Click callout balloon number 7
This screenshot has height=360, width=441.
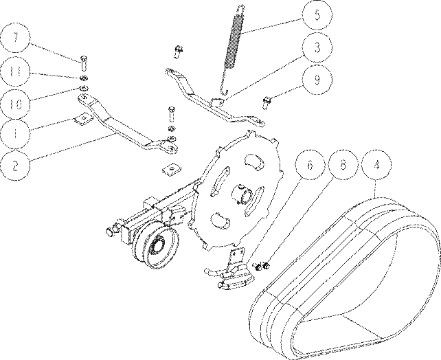[x=16, y=38]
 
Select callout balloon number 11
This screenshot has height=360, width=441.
[x=16, y=71]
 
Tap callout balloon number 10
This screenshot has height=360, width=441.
[x=16, y=104]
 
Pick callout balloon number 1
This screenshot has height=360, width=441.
[x=16, y=133]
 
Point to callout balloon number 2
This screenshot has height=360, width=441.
[x=16, y=166]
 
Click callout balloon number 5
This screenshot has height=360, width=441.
[x=317, y=15]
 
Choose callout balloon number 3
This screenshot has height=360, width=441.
[x=317, y=47]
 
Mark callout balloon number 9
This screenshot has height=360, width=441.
[x=317, y=80]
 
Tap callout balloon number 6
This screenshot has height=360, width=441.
[x=310, y=165]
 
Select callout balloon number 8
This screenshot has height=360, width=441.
[x=343, y=165]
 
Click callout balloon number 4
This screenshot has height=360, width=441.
[x=376, y=165]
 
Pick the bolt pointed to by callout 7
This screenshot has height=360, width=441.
[x=84, y=63]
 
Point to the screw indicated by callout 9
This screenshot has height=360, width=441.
[x=267, y=102]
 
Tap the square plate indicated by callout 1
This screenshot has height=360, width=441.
[x=82, y=119]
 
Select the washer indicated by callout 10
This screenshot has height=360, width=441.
[x=84, y=88]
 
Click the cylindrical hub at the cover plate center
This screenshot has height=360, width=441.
[x=243, y=194]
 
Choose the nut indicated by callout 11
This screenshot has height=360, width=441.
[x=84, y=78]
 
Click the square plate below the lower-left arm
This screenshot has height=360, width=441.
[x=172, y=170]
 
